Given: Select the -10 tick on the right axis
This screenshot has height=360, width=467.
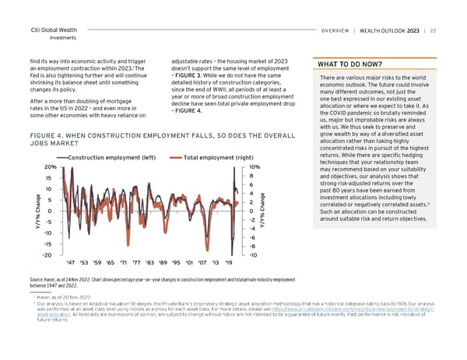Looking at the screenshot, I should click(254, 255).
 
